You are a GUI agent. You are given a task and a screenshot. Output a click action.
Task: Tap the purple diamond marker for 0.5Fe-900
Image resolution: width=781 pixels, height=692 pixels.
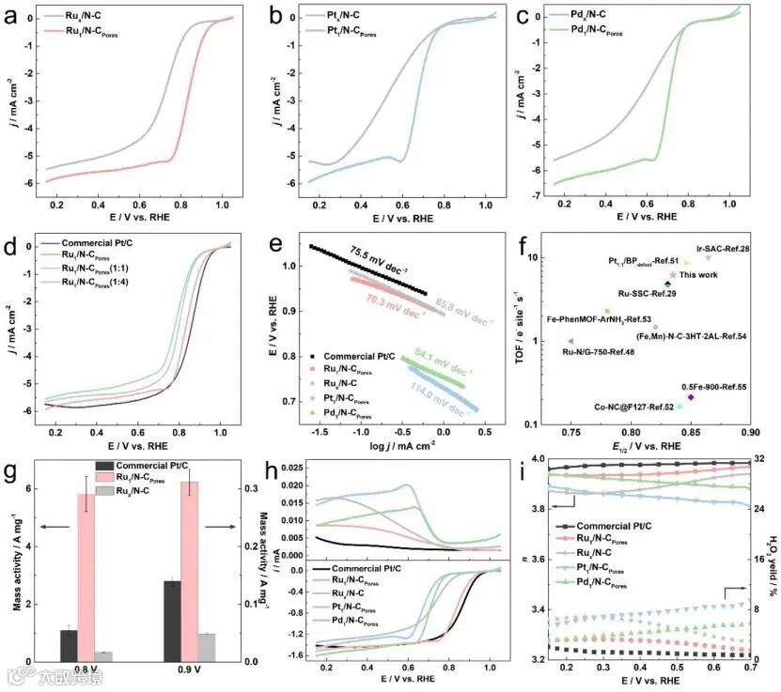[x=691, y=397]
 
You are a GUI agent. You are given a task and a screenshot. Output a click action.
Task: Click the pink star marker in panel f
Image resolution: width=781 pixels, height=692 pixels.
[x=673, y=275]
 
